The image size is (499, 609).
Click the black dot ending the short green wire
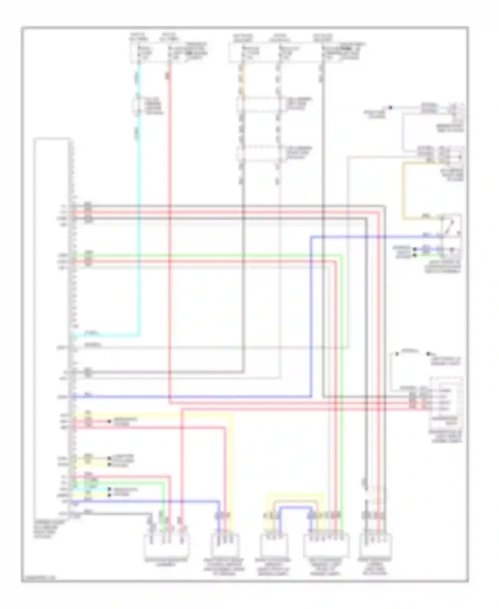(x=415, y=255)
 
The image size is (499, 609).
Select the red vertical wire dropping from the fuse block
(x=169, y=233)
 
